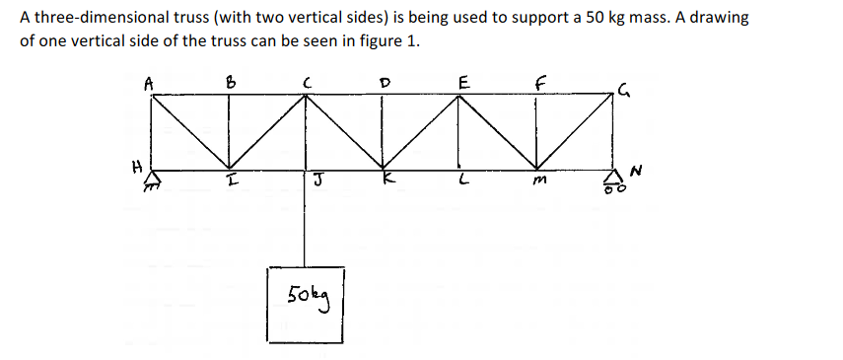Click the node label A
click(x=148, y=84)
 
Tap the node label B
click(x=231, y=84)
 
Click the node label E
click(x=461, y=83)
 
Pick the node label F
click(x=539, y=83)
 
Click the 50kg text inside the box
click(x=308, y=293)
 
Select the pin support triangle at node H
click(x=152, y=178)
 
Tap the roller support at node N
click(x=613, y=179)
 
